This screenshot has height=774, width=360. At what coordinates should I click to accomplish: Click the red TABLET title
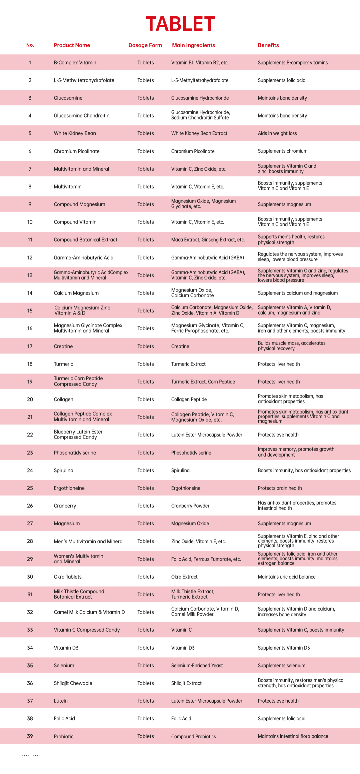[180, 24]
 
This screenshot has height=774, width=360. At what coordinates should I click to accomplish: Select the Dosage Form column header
[145, 45]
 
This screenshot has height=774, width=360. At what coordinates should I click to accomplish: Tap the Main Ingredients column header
[193, 45]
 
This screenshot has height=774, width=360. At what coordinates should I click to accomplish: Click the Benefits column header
[268, 45]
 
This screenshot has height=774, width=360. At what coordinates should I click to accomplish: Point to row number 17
[30, 346]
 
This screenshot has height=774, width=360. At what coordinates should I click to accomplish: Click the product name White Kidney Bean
[75, 133]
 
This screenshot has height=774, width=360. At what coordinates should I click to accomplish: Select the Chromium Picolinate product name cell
[77, 151]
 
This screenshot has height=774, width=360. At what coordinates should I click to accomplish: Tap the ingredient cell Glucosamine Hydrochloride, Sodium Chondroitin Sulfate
[200, 115]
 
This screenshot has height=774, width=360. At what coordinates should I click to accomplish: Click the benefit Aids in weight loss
[277, 133]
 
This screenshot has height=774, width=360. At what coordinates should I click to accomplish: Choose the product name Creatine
[63, 346]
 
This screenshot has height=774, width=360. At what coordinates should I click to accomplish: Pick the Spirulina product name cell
[63, 471]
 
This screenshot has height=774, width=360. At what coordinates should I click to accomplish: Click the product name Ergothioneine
[69, 488]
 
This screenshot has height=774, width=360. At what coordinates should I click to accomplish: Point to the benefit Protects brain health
[280, 488]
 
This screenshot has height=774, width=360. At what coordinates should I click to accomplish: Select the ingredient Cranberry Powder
[190, 506]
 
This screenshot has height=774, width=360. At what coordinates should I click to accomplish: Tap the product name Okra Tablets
[68, 577]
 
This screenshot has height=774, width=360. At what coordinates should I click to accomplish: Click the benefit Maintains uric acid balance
[286, 577]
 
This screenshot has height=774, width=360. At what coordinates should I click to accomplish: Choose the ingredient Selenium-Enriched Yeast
[197, 666]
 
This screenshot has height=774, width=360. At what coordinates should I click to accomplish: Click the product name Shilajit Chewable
[73, 683]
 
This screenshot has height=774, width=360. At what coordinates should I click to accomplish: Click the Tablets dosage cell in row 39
[146, 736]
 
